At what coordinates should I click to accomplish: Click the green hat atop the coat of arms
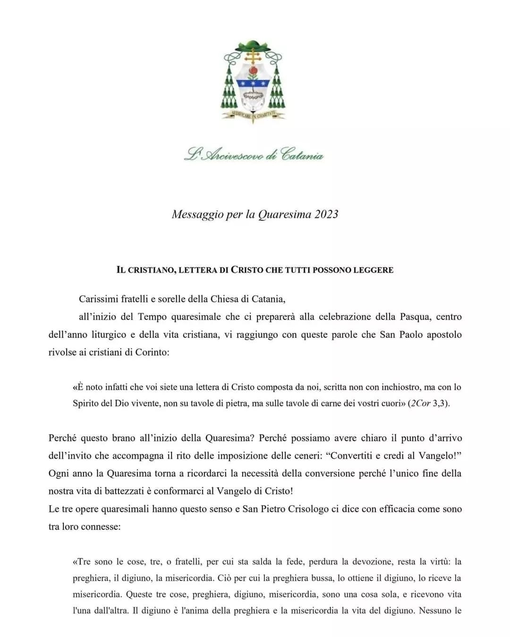pyautogui.click(x=254, y=46)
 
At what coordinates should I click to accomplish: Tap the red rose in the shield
pyautogui.click(x=254, y=70)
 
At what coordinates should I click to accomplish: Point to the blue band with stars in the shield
pyautogui.click(x=254, y=84)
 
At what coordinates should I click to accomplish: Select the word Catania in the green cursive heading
pyautogui.click(x=302, y=155)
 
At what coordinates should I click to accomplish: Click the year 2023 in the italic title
pyautogui.click(x=326, y=214)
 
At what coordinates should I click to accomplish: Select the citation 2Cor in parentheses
pyautogui.click(x=421, y=404)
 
